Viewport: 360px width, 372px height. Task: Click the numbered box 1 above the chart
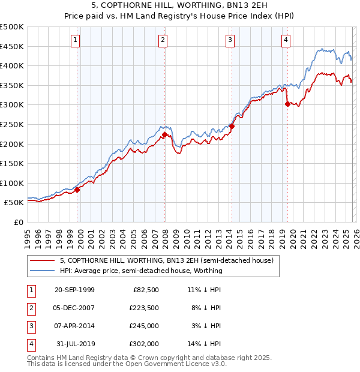tap(76, 40)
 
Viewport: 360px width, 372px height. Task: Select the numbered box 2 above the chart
tap(163, 40)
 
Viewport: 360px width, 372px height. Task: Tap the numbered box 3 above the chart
tap(230, 40)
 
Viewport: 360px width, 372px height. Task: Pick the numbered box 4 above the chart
tap(286, 40)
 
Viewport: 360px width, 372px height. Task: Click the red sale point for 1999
tap(77, 190)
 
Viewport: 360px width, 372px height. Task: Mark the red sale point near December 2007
tap(164, 134)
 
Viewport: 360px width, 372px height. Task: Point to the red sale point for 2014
tap(232, 126)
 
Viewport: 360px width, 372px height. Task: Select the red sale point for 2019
tap(287, 104)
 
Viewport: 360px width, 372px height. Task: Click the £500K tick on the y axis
tap(12, 27)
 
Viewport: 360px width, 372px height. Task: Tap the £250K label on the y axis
tap(12, 124)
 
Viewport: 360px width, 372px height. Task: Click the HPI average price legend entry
tap(141, 271)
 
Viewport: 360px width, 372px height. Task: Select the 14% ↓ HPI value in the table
tap(205, 344)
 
